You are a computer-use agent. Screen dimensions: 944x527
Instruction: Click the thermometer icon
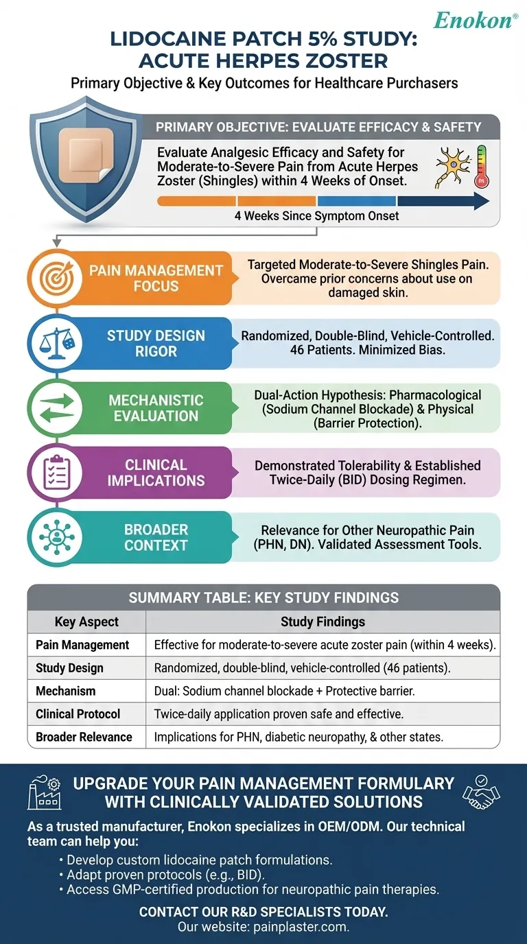(x=480, y=167)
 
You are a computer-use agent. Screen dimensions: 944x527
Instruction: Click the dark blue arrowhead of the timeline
(x=480, y=201)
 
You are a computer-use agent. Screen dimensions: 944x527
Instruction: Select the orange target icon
(x=53, y=279)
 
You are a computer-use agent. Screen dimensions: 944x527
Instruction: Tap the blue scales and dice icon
(x=53, y=343)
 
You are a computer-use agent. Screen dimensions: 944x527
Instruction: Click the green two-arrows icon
(x=53, y=408)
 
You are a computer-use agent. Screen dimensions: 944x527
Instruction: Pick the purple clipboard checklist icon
(x=53, y=472)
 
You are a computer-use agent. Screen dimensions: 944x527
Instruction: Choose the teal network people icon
(x=53, y=537)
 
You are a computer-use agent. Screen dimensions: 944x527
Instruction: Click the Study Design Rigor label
(x=156, y=343)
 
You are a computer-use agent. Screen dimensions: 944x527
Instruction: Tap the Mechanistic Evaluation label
(x=156, y=408)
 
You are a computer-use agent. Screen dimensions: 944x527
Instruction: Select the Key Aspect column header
(x=86, y=622)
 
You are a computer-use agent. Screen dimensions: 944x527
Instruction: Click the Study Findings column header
(x=323, y=622)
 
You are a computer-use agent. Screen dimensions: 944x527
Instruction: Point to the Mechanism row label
(x=66, y=691)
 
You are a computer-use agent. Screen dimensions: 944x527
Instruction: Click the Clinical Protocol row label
(x=78, y=713)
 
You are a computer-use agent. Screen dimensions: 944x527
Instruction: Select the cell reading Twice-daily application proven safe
(x=279, y=713)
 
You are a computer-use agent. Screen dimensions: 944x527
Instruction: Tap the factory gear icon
(x=44, y=794)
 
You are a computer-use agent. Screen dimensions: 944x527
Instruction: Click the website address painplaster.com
(x=299, y=926)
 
